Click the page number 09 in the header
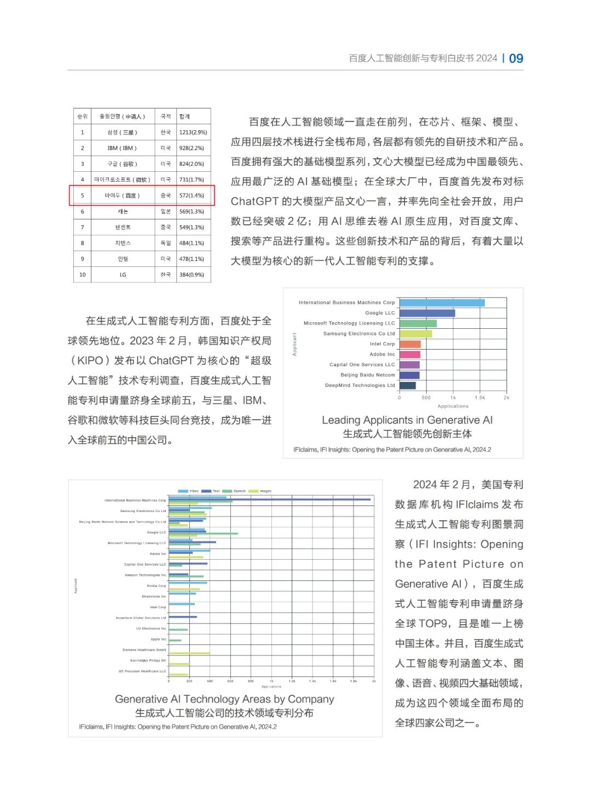coord(515,59)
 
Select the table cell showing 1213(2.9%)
coord(193,132)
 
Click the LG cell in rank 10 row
coord(123,275)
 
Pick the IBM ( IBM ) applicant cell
coord(122,148)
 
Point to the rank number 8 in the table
coord(83,243)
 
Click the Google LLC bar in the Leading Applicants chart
coord(427,313)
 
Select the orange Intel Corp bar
coord(410,344)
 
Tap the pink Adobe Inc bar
coord(409,354)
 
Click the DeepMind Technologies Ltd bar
coord(407,386)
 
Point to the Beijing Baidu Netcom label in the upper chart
coord(367,375)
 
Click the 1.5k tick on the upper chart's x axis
coord(479,398)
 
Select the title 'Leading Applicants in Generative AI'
coord(407,420)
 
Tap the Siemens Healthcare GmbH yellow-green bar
coord(189,653)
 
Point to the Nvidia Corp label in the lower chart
coord(156,586)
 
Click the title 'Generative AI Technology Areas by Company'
coord(224,699)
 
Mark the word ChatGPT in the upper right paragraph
coord(254,201)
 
